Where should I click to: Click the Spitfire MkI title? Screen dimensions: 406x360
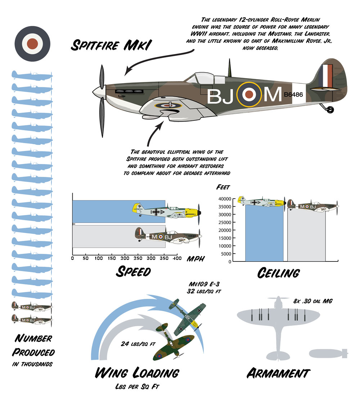(x=111, y=46)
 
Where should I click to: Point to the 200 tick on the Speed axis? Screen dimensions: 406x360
(x=125, y=259)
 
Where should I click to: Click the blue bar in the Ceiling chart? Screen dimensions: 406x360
(x=264, y=234)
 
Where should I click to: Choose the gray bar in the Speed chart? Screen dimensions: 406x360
(x=108, y=236)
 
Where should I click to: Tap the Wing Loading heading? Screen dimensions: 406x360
(x=136, y=373)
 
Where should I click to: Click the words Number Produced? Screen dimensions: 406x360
(x=34, y=345)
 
